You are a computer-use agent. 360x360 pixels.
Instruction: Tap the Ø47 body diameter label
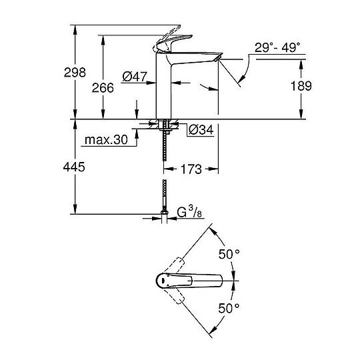click(135, 77)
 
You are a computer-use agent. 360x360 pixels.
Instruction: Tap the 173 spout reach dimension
click(191, 170)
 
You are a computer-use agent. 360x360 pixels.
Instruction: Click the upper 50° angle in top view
click(229, 255)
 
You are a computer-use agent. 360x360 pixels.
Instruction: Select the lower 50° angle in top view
click(229, 308)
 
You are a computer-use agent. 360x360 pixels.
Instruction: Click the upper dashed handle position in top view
click(172, 263)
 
